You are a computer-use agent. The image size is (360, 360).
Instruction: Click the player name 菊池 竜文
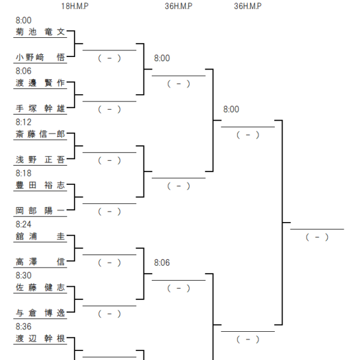point(40,32)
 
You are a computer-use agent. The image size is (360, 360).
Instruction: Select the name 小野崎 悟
point(40,57)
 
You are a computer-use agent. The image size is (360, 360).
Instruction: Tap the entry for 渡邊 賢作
point(40,83)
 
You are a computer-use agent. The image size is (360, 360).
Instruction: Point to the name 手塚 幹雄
point(40,109)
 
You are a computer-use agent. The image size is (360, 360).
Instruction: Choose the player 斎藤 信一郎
point(40,134)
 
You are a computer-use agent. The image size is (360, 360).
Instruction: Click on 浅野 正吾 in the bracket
point(40,160)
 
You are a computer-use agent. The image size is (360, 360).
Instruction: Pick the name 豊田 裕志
point(40,185)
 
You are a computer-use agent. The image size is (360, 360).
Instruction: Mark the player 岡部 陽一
point(40,211)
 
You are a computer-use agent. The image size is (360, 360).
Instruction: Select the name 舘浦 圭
point(40,236)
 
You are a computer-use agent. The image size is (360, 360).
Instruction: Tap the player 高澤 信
point(40,262)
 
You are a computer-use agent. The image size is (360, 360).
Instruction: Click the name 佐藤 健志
point(40,287)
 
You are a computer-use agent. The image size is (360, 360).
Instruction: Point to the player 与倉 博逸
point(40,313)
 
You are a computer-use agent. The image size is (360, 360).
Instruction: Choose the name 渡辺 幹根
point(40,338)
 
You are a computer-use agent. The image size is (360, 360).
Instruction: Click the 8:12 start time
point(23,122)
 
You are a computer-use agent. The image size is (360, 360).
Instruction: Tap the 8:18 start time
point(23,173)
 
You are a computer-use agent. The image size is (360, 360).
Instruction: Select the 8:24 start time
point(23,224)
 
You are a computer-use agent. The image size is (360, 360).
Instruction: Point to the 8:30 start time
point(23,275)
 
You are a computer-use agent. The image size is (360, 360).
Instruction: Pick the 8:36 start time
point(23,327)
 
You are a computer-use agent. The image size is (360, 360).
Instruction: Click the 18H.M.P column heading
point(75,6)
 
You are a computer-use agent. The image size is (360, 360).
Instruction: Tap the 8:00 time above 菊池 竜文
point(23,20)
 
